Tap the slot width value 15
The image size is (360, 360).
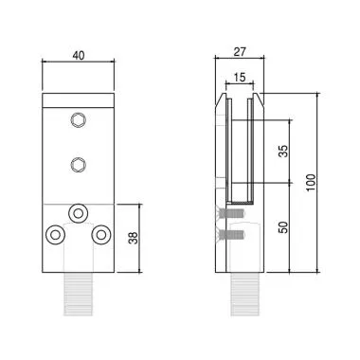click(x=240, y=77)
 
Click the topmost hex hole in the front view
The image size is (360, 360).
click(x=78, y=119)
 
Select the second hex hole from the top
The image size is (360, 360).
click(x=78, y=165)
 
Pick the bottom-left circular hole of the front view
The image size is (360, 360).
click(x=56, y=232)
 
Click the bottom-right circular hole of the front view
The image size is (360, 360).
click(x=99, y=232)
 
